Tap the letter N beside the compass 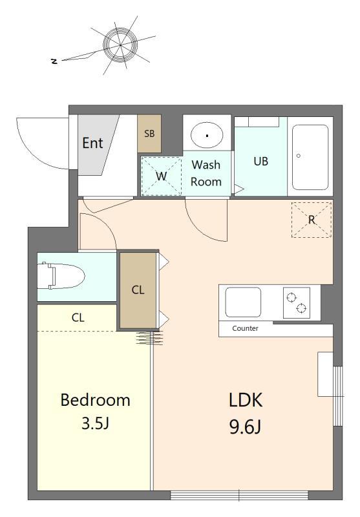(x=54, y=61)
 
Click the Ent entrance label (x=92, y=143)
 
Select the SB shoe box (x=149, y=134)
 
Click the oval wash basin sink (x=207, y=135)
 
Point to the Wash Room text (x=206, y=173)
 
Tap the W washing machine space (x=161, y=176)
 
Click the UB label (x=260, y=161)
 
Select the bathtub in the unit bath (x=310, y=157)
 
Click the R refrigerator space (x=312, y=220)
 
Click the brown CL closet (x=138, y=290)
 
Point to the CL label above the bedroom (x=78, y=317)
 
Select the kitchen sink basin (x=243, y=302)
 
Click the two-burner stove (x=297, y=302)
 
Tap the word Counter (x=245, y=328)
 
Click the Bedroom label (x=95, y=400)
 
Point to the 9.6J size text (x=245, y=428)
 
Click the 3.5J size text (x=95, y=423)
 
